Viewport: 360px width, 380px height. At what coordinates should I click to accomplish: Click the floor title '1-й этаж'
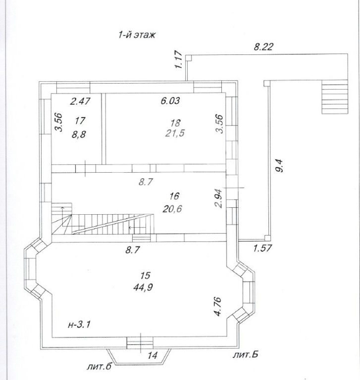(x=137, y=35)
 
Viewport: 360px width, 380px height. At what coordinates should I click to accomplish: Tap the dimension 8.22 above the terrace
(x=263, y=47)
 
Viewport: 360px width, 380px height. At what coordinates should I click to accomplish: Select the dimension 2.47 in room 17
(x=80, y=101)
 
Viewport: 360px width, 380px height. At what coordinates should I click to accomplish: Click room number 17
(x=80, y=120)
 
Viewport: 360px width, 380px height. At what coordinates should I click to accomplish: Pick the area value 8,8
(x=79, y=134)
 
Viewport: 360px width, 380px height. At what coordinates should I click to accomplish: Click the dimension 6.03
(x=170, y=100)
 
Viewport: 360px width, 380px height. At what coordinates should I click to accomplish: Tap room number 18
(x=175, y=123)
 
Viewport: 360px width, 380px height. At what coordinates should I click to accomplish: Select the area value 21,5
(x=175, y=133)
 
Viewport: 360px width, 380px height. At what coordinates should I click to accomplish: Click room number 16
(x=174, y=196)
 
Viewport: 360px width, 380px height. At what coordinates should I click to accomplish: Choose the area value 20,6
(x=172, y=209)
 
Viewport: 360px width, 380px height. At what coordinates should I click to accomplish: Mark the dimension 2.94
(x=218, y=198)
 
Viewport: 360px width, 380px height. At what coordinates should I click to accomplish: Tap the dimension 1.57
(x=263, y=248)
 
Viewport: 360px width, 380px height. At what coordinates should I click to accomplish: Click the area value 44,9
(x=143, y=287)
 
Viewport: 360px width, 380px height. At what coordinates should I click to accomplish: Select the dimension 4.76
(x=218, y=306)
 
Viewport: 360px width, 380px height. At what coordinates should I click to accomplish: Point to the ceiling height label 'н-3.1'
(x=79, y=324)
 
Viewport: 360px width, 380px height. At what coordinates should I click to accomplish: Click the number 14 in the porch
(x=153, y=356)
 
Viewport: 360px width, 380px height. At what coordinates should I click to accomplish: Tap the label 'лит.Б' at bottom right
(x=245, y=355)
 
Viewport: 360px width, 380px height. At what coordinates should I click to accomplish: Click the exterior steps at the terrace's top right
(x=335, y=97)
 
